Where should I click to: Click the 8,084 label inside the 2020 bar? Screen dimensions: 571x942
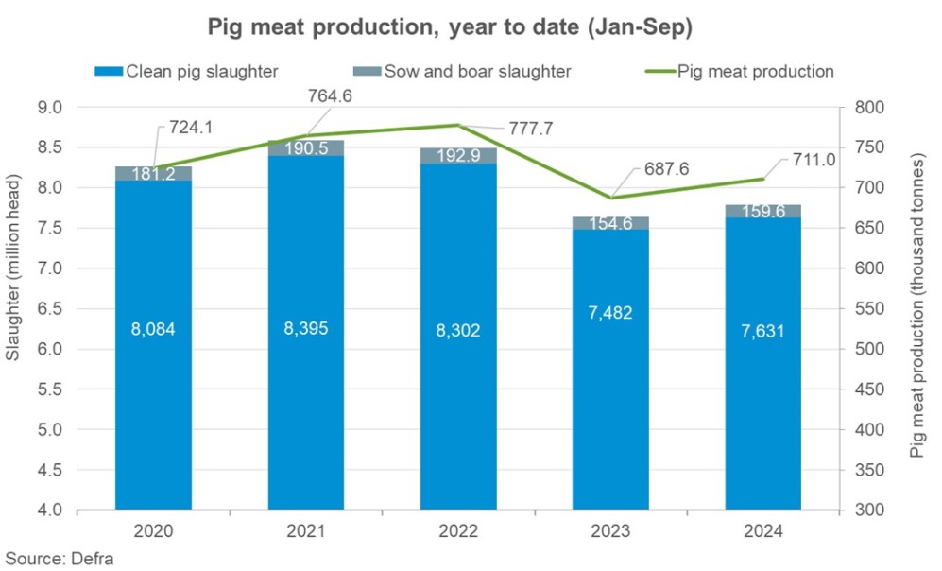153,330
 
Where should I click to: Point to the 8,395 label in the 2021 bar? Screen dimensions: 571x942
305,330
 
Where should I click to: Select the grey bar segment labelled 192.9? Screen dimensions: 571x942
458,155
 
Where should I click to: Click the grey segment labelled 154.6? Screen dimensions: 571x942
610,223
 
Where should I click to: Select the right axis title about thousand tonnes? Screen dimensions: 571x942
916,309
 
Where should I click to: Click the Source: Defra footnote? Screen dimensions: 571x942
59,557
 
